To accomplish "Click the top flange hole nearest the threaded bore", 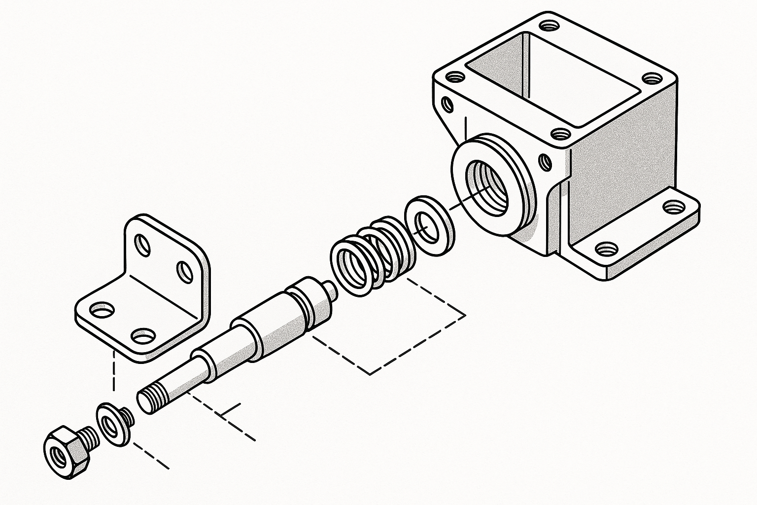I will point(559,133).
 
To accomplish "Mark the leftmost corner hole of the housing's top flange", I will point(455,77).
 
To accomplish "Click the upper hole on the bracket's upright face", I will point(143,245).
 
